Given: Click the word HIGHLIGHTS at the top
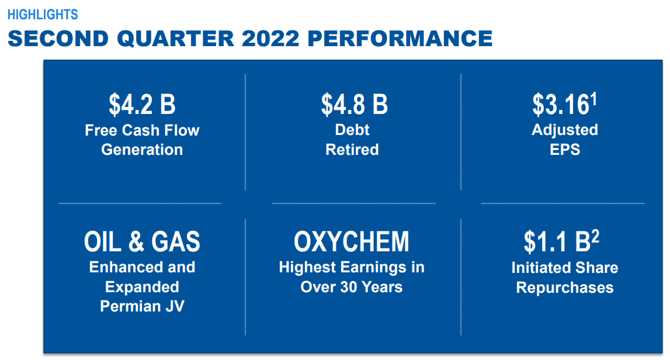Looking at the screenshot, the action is (x=43, y=15).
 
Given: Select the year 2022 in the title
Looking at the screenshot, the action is (x=270, y=39).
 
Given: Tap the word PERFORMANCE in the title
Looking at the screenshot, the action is (x=400, y=39).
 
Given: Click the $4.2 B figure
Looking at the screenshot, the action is (x=142, y=105).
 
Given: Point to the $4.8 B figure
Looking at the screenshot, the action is (x=354, y=105).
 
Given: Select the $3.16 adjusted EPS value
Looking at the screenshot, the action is (x=561, y=105).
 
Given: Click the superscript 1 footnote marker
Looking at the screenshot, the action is (x=593, y=100).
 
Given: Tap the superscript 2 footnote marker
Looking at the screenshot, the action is (x=595, y=237).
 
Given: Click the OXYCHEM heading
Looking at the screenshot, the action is (x=351, y=241).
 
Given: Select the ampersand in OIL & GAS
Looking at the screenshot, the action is (x=136, y=241).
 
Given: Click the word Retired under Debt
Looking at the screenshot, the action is (x=352, y=150).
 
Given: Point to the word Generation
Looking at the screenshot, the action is (x=142, y=150).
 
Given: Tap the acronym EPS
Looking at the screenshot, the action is (x=565, y=150).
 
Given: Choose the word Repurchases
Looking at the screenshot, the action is (x=565, y=288).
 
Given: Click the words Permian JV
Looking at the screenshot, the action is (x=142, y=306).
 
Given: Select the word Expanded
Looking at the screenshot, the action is (x=142, y=287).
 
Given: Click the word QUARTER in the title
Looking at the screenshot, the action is (x=176, y=39).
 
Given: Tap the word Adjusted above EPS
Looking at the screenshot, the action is (x=565, y=130).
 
